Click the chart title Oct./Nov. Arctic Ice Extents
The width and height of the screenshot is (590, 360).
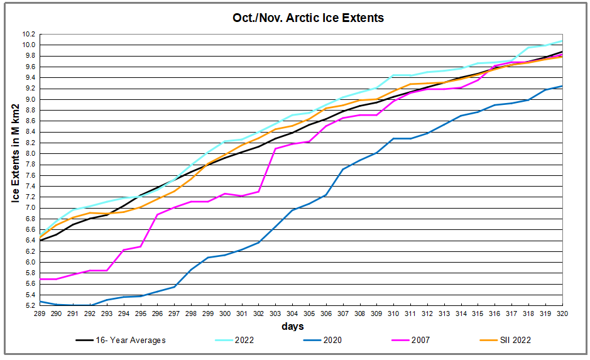308,18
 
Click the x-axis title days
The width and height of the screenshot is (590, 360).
293,326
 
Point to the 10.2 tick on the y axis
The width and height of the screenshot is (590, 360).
29,34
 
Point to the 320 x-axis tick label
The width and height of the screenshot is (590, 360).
561,314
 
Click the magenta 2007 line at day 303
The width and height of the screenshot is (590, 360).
275,149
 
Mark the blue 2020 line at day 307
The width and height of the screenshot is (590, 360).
342,169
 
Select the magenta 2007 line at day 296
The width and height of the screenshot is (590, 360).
157,215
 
